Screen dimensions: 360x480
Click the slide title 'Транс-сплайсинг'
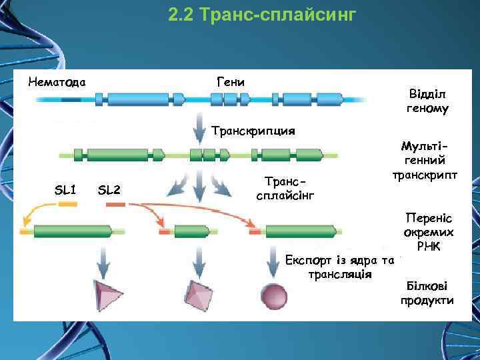point(263,14)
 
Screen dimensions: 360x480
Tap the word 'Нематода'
point(57,83)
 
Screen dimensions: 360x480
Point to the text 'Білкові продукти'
point(427,293)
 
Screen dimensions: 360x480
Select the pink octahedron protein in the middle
point(197,293)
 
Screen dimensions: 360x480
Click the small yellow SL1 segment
point(68,205)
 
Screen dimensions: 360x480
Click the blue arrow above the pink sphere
point(274,261)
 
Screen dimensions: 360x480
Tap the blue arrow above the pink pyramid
point(104,261)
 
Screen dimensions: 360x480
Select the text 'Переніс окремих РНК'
point(429,232)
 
